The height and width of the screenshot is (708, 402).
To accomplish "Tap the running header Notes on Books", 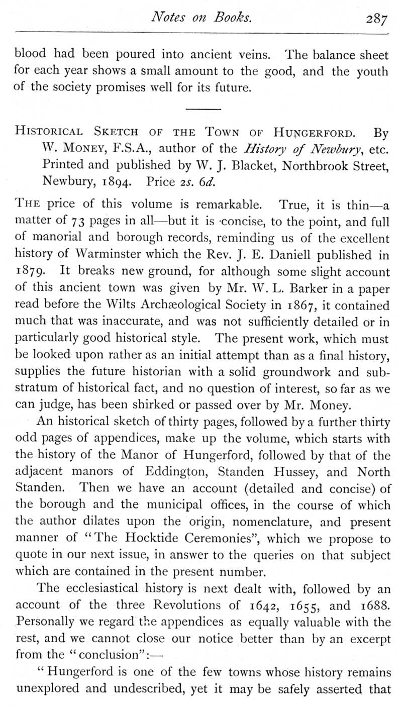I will [201, 18].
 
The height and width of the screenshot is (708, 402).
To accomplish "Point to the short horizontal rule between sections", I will [203, 109].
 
